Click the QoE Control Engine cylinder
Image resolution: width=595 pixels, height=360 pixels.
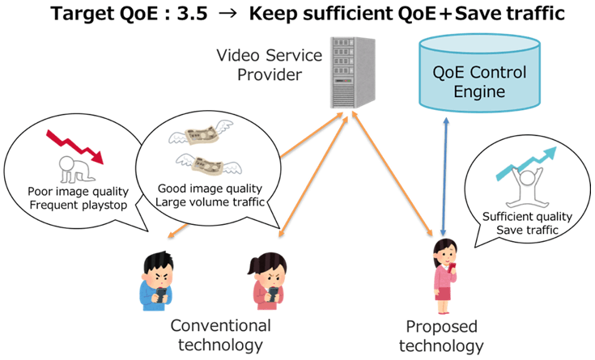click(479, 74)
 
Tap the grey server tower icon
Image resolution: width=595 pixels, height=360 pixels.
click(352, 73)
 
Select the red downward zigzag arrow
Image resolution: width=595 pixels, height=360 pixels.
click(74, 146)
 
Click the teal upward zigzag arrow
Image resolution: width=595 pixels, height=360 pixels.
click(526, 163)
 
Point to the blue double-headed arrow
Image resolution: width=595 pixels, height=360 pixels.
click(444, 176)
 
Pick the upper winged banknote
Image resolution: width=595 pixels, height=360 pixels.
click(201, 134)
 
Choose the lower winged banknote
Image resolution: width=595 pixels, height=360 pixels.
click(209, 165)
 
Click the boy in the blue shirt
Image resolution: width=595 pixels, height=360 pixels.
click(157, 281)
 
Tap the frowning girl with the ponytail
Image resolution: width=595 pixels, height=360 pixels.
click(267, 281)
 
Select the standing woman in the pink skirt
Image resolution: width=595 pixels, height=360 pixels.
click(444, 276)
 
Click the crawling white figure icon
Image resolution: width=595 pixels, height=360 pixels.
click(76, 169)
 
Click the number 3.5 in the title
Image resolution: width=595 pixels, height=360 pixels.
click(192, 14)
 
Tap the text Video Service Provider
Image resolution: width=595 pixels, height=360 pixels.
click(270, 65)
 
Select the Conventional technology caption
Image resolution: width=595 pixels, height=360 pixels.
click(220, 336)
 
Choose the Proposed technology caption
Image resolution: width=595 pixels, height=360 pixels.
click(441, 336)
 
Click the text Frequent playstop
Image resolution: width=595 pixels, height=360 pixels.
click(79, 205)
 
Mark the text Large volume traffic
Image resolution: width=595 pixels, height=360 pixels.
click(210, 202)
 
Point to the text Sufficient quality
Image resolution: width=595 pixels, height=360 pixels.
click(527, 217)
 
